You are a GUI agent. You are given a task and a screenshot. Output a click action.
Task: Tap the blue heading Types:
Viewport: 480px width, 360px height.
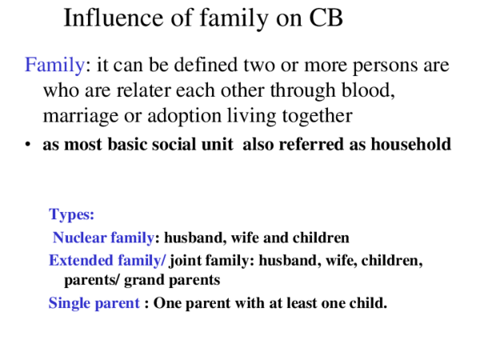(x=71, y=214)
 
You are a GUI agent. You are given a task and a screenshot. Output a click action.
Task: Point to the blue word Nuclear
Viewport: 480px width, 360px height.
(x=78, y=238)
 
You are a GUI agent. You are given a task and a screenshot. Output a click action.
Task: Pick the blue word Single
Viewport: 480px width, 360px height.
(x=69, y=303)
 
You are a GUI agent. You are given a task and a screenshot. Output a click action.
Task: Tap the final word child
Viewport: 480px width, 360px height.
(x=369, y=303)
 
